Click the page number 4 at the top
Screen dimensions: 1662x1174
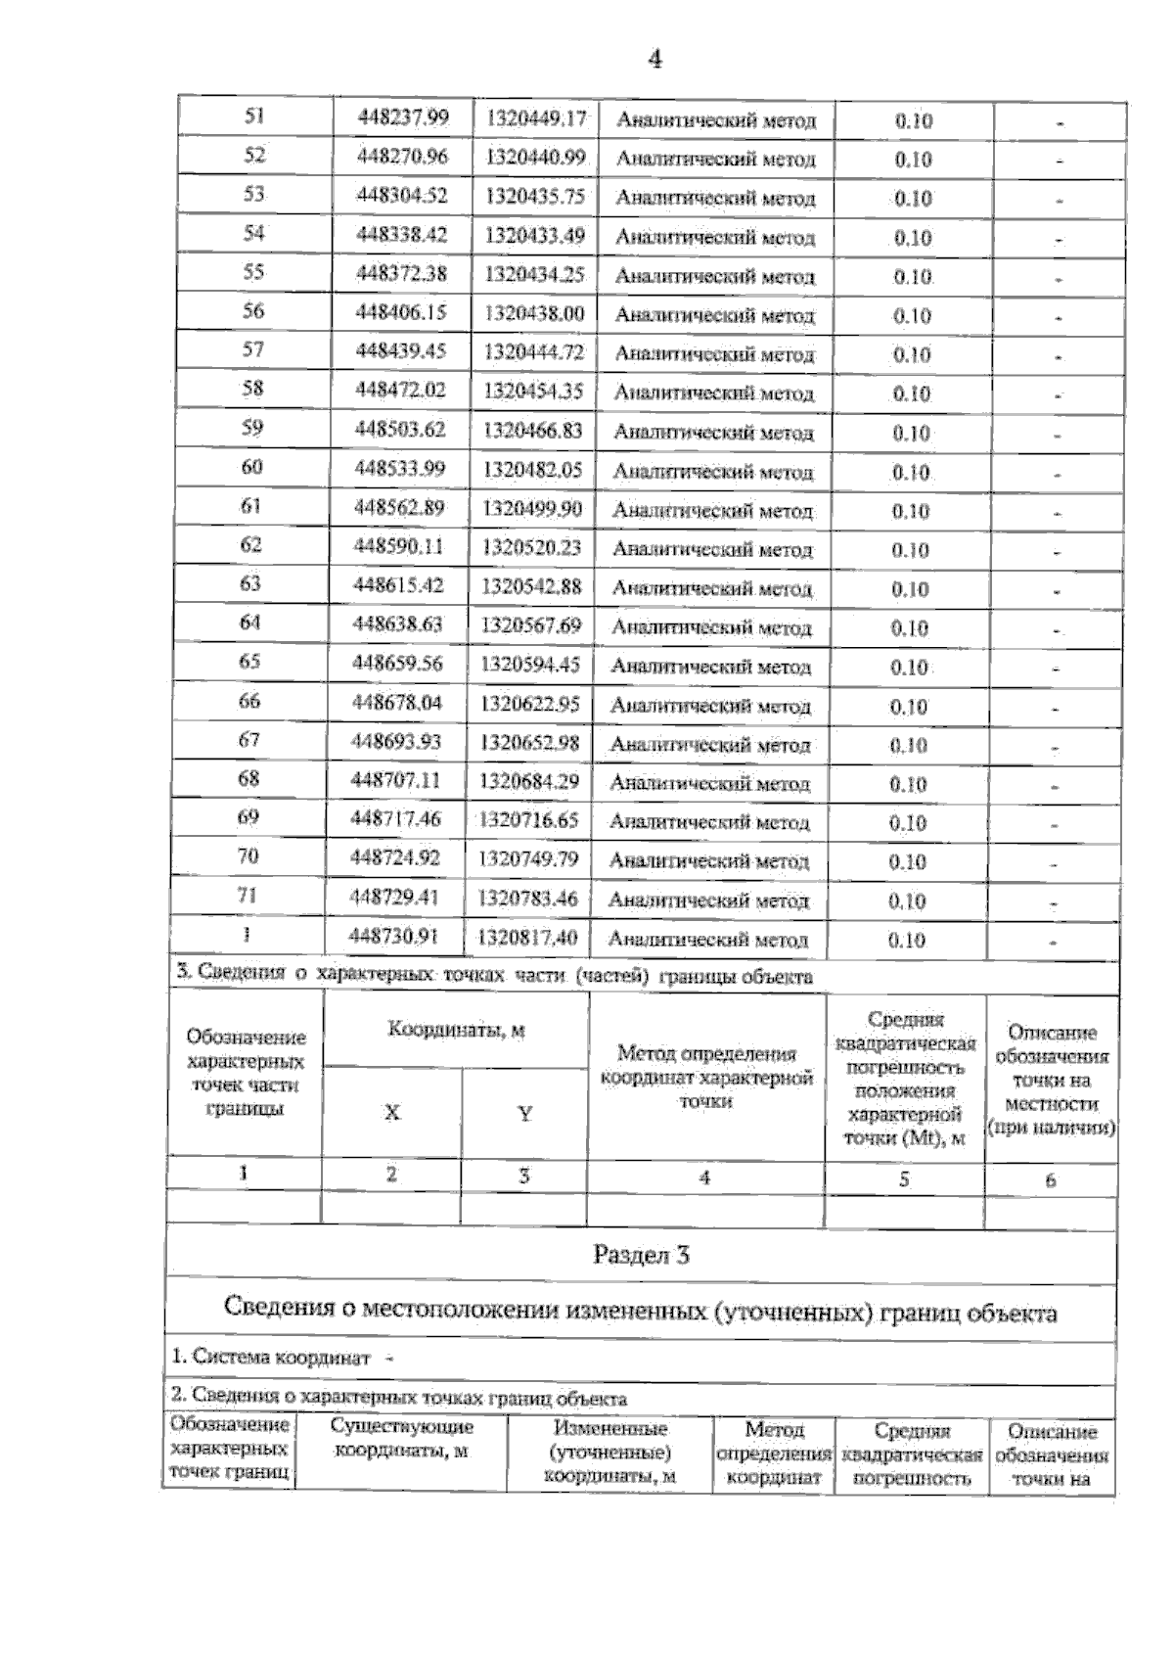click(x=655, y=60)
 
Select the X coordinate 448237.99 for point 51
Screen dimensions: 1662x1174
click(x=403, y=117)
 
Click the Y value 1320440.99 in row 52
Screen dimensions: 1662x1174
click(x=536, y=157)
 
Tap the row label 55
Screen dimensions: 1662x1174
click(x=253, y=272)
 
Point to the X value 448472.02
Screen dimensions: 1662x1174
click(x=400, y=390)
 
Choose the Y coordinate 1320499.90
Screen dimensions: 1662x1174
click(x=533, y=507)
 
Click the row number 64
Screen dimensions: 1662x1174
click(x=250, y=623)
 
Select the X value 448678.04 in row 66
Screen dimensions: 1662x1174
click(x=396, y=702)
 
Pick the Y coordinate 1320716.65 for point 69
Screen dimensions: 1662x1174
click(x=529, y=819)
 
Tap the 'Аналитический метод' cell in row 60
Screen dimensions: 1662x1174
click(x=712, y=472)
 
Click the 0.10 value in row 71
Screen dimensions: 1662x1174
click(x=907, y=900)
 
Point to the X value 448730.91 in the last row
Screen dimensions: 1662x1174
click(x=394, y=936)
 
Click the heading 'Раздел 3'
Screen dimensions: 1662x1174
click(x=641, y=1255)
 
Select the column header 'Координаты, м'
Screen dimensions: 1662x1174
click(x=456, y=1030)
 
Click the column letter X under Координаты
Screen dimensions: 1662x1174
click(x=391, y=1113)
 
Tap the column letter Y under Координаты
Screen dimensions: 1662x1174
click(x=524, y=1113)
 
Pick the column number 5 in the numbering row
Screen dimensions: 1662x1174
click(x=904, y=1179)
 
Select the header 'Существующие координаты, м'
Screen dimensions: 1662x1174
click(x=401, y=1439)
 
